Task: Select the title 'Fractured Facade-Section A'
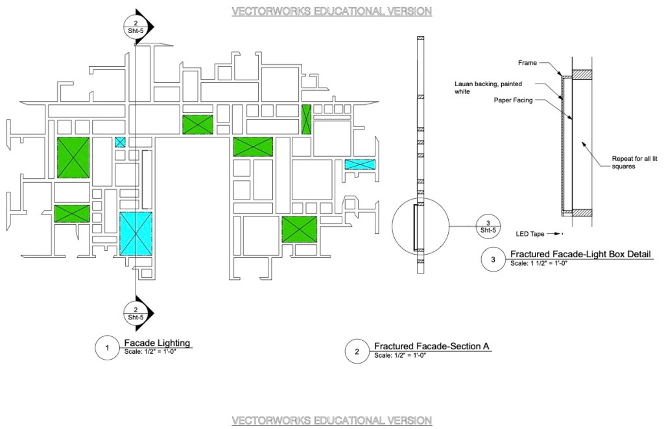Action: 431,346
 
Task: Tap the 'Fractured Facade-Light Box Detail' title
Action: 580,254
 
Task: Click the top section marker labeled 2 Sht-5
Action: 136,27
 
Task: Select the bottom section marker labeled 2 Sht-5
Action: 136,313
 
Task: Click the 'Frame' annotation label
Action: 528,63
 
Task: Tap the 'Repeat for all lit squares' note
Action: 630,162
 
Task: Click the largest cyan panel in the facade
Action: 136,233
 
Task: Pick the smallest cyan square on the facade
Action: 120,141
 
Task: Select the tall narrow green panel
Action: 307,119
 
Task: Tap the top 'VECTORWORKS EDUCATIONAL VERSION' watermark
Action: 331,11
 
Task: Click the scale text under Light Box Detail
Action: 540,264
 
